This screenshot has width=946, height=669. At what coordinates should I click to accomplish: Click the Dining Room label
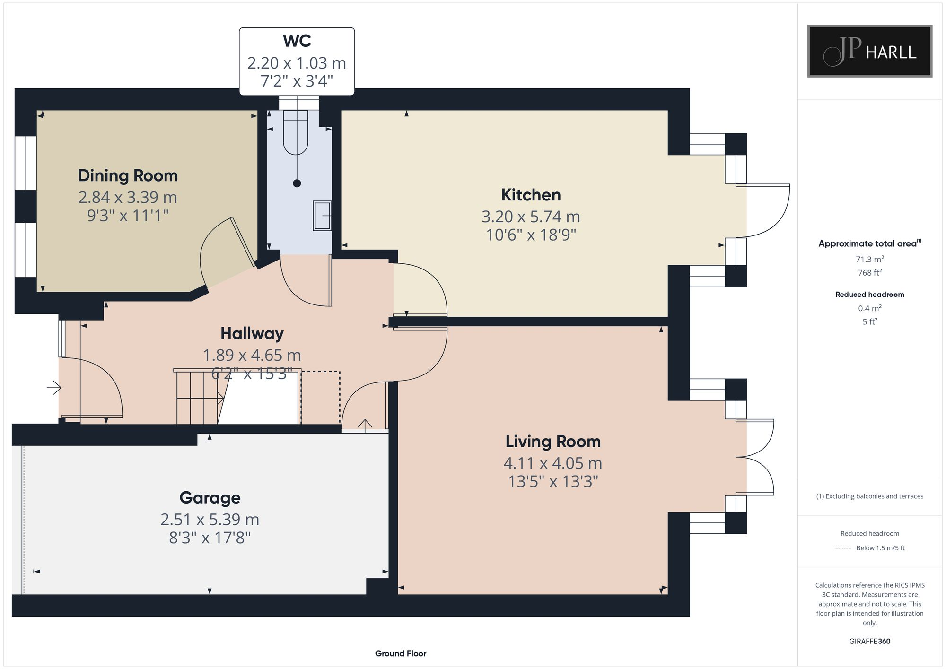click(x=128, y=175)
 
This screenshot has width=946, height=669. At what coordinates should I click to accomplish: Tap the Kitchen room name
click(x=531, y=195)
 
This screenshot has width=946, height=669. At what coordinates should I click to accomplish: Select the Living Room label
click(x=553, y=442)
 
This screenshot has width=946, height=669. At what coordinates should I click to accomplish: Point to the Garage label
click(x=210, y=498)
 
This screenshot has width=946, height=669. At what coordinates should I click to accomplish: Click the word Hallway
click(x=252, y=334)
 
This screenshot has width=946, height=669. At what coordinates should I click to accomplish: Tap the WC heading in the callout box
click(x=297, y=41)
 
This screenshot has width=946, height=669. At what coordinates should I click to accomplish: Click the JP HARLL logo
click(x=869, y=51)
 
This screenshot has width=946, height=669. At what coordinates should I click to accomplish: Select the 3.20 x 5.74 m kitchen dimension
click(x=531, y=217)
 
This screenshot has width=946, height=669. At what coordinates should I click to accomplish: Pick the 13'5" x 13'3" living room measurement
click(x=553, y=482)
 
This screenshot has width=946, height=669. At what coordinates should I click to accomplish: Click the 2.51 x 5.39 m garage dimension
click(x=210, y=520)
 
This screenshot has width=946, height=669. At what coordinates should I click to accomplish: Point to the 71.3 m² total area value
click(x=870, y=259)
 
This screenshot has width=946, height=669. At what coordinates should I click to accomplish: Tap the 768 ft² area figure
click(x=870, y=273)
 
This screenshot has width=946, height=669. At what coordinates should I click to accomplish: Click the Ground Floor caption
click(x=401, y=653)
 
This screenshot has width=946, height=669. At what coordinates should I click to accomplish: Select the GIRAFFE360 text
click(x=869, y=642)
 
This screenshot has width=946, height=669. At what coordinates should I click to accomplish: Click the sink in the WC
click(x=322, y=216)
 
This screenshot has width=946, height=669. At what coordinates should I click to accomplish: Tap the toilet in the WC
click(x=296, y=133)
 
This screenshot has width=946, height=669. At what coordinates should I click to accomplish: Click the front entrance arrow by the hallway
click(x=54, y=388)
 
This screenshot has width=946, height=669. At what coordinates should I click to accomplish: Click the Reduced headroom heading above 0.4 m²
click(x=870, y=295)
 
